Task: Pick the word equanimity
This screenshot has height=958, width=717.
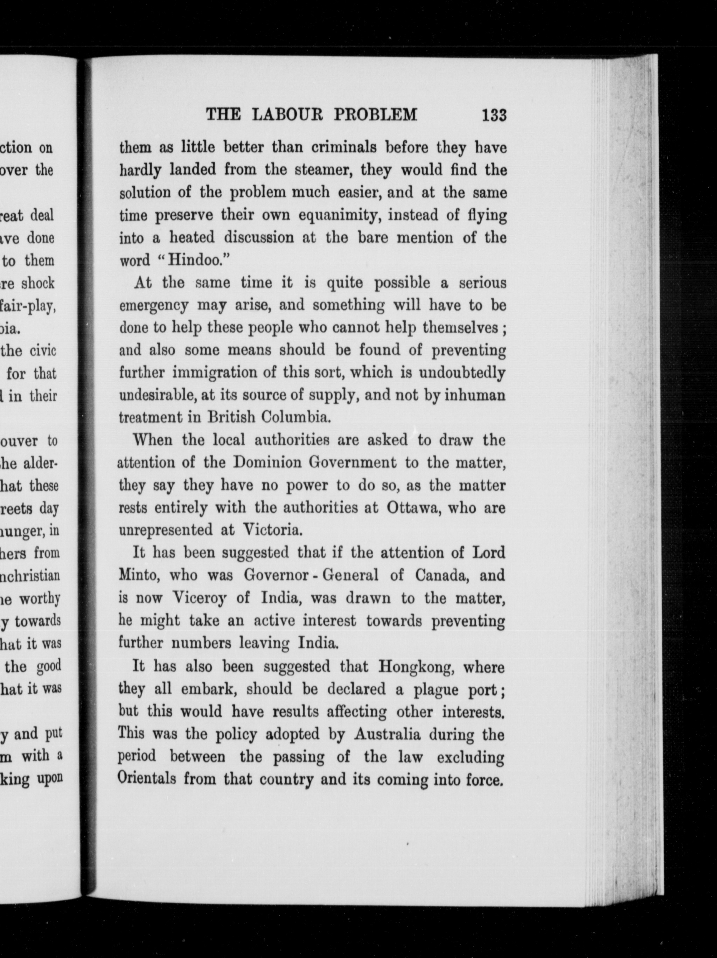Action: coord(331,215)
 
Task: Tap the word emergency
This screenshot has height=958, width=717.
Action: coord(154,306)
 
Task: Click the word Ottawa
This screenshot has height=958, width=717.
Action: coord(414,508)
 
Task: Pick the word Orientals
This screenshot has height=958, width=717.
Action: coord(147,779)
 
